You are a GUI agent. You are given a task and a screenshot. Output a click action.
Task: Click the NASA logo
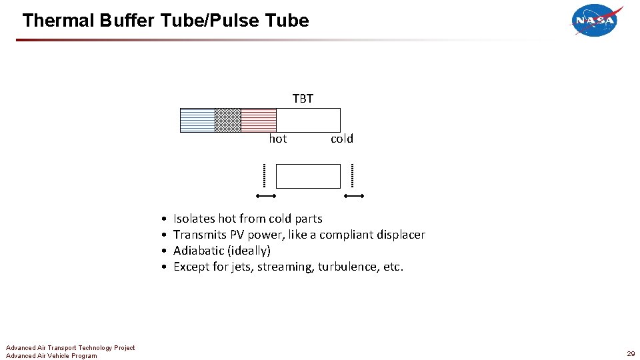tap(596, 21)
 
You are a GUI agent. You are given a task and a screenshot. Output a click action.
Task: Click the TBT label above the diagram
tap(303, 99)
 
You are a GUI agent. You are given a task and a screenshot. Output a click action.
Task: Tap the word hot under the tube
tap(278, 139)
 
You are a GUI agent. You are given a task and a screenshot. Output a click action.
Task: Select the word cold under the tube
tap(341, 139)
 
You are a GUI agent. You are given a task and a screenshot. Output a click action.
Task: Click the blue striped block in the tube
tap(197, 120)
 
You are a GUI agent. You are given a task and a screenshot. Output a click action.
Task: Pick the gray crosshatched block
tap(227, 120)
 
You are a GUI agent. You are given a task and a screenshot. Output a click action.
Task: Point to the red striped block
tap(258, 120)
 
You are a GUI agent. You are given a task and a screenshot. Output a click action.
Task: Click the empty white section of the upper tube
tap(308, 120)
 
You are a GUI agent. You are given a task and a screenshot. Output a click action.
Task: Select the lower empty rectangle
tap(308, 176)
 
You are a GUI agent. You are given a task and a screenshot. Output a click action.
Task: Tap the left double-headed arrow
tap(267, 196)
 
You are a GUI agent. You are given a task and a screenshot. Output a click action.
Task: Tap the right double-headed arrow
tap(354, 196)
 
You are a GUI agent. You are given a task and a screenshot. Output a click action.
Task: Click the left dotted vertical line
tap(264, 175)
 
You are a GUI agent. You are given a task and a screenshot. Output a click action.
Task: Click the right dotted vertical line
tap(352, 175)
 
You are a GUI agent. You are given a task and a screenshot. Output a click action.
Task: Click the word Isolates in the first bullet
tap(194, 219)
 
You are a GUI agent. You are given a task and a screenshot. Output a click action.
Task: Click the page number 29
tap(631, 353)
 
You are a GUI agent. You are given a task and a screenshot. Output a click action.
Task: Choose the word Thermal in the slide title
tap(58, 21)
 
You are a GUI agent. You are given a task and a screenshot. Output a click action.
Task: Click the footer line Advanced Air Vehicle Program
tap(51, 356)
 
